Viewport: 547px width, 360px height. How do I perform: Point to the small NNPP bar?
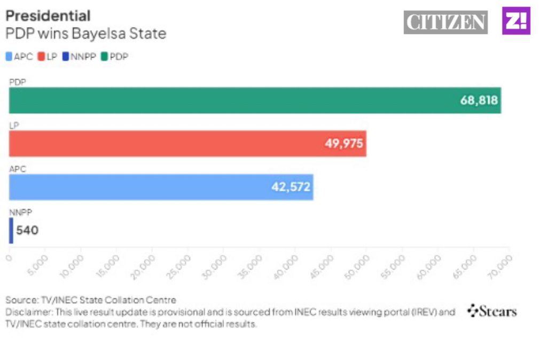tap(11, 230)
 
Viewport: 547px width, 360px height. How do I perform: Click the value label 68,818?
tap(479, 100)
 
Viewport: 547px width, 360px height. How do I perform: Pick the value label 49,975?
tap(344, 144)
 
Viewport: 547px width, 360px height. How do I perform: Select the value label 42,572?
tap(291, 187)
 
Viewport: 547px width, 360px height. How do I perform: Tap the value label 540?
tap(27, 231)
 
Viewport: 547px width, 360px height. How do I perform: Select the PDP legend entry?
tap(115, 57)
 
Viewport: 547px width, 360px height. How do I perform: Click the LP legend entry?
tap(48, 57)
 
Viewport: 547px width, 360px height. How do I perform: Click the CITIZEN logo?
tap(446, 22)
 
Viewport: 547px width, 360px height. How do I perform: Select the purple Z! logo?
tap(516, 21)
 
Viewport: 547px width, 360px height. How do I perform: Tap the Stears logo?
tap(492, 311)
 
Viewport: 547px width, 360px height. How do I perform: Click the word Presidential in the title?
tap(48, 15)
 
